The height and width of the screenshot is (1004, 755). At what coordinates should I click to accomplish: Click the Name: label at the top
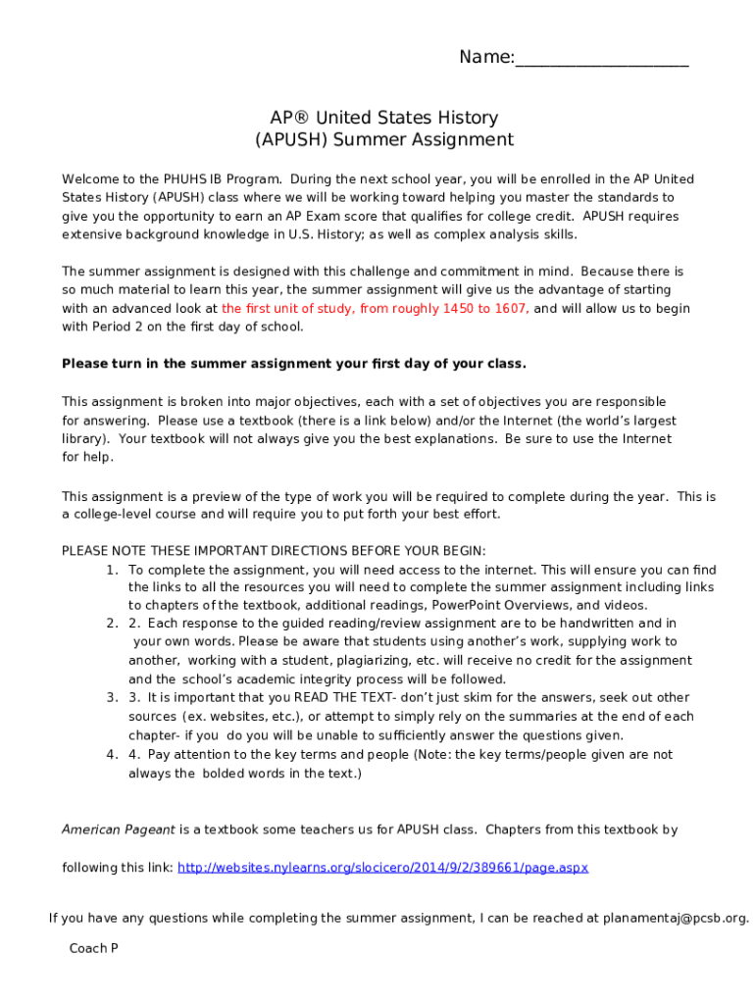(485, 59)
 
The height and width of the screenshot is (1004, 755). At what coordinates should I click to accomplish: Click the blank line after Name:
(601, 61)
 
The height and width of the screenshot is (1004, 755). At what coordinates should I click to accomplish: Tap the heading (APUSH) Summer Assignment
(384, 140)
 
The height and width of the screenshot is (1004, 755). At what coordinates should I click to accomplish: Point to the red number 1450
(446, 309)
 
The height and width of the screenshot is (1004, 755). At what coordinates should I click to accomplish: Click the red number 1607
(509, 309)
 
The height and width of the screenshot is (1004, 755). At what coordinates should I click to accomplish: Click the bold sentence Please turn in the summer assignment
(294, 364)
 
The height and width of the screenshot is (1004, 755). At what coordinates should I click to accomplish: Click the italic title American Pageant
(119, 829)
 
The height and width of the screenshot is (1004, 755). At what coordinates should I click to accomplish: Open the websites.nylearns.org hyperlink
(382, 868)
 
